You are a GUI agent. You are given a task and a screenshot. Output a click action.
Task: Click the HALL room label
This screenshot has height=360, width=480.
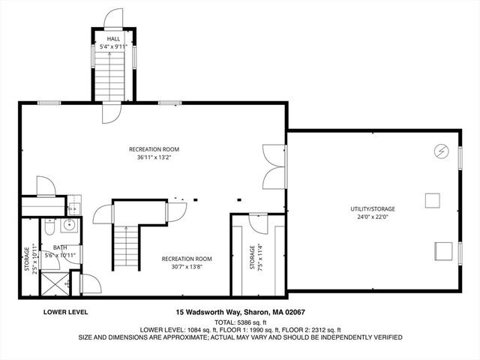pyautogui.click(x=114, y=38)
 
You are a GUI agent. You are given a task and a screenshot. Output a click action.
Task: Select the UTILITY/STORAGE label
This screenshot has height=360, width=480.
pyautogui.click(x=372, y=208)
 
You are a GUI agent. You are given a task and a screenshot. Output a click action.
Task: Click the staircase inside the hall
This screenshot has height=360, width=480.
pyautogui.click(x=114, y=75)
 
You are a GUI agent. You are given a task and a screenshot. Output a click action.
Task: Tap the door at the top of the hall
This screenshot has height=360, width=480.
pyautogui.click(x=114, y=19)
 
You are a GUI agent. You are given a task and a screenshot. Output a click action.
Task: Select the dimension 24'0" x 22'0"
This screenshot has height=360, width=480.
pyautogui.click(x=372, y=217)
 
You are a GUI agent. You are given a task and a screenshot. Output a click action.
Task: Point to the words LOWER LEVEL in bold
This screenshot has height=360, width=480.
pyautogui.click(x=66, y=310)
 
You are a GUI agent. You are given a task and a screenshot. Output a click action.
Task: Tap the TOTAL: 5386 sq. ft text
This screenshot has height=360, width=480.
pyautogui.click(x=239, y=320)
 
